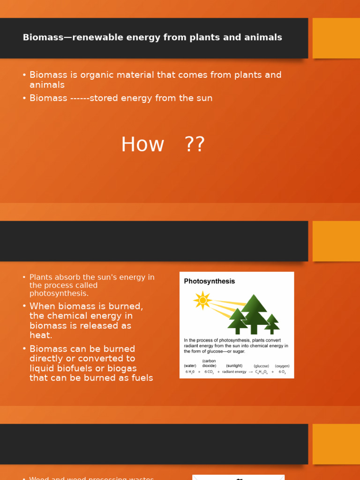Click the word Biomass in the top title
pos(43,37)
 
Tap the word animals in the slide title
pos(264,37)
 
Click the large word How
pos(142,144)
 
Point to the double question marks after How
pos(195,144)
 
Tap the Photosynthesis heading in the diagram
pos(209,281)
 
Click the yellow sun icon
pos(202,300)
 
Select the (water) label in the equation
pos(190,366)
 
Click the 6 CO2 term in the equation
pos(209,372)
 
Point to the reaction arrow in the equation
pos(251,372)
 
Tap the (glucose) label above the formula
pos(261,366)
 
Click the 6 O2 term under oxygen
pos(282,372)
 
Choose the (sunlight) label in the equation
pos(234,366)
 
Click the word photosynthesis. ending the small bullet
pos(59,293)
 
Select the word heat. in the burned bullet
pos(41,336)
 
